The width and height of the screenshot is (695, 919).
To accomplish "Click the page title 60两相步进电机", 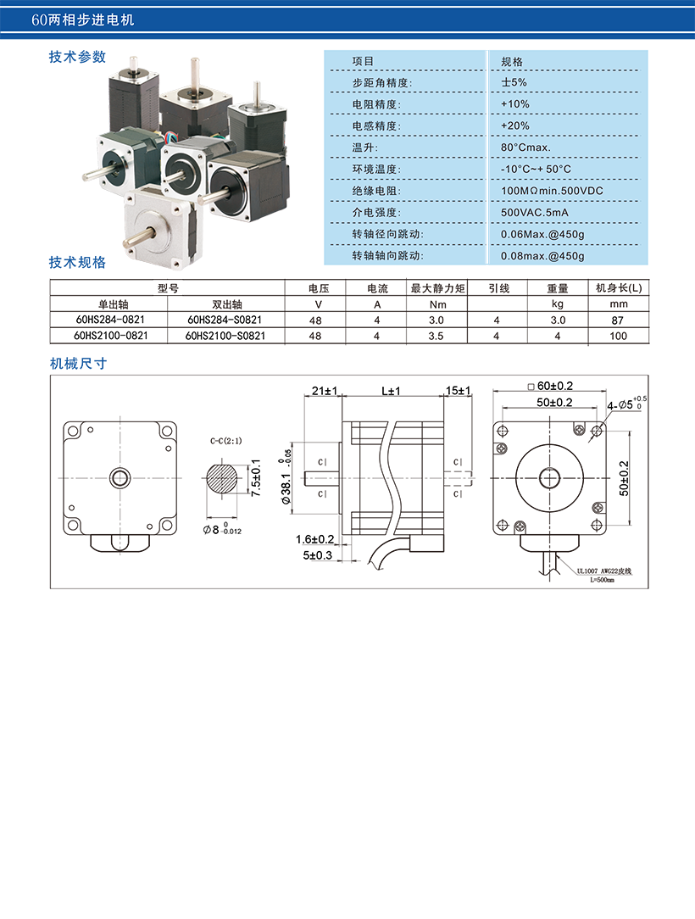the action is point(82,20).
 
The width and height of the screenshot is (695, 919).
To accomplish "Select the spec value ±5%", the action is point(514,82).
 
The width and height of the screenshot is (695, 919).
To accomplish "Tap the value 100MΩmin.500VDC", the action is point(552,191).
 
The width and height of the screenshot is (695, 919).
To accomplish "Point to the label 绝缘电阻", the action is point(375,191).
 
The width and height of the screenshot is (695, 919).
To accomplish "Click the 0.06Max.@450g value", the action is point(542,234).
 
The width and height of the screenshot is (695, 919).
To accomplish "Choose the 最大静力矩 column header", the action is point(437,287).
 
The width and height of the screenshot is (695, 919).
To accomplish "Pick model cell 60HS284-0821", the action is point(110,320).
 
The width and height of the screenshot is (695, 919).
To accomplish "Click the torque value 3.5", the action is point(436,336).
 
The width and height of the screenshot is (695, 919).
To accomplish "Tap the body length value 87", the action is point(617,320).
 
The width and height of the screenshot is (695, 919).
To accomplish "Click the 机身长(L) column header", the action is point(619,287).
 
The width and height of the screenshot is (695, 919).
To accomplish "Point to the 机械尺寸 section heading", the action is point(78,364).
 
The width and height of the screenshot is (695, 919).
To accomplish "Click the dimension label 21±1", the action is point(325,390).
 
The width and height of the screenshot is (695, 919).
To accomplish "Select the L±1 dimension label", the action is point(391,391).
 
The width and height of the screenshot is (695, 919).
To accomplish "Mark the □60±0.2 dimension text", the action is point(550,386).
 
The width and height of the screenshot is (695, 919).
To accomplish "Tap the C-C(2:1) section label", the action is point(226,441).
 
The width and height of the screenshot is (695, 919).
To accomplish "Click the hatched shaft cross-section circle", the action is point(223,478).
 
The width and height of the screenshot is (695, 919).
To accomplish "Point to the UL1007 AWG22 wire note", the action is point(603,571).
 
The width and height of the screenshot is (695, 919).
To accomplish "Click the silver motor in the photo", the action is point(162,226).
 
